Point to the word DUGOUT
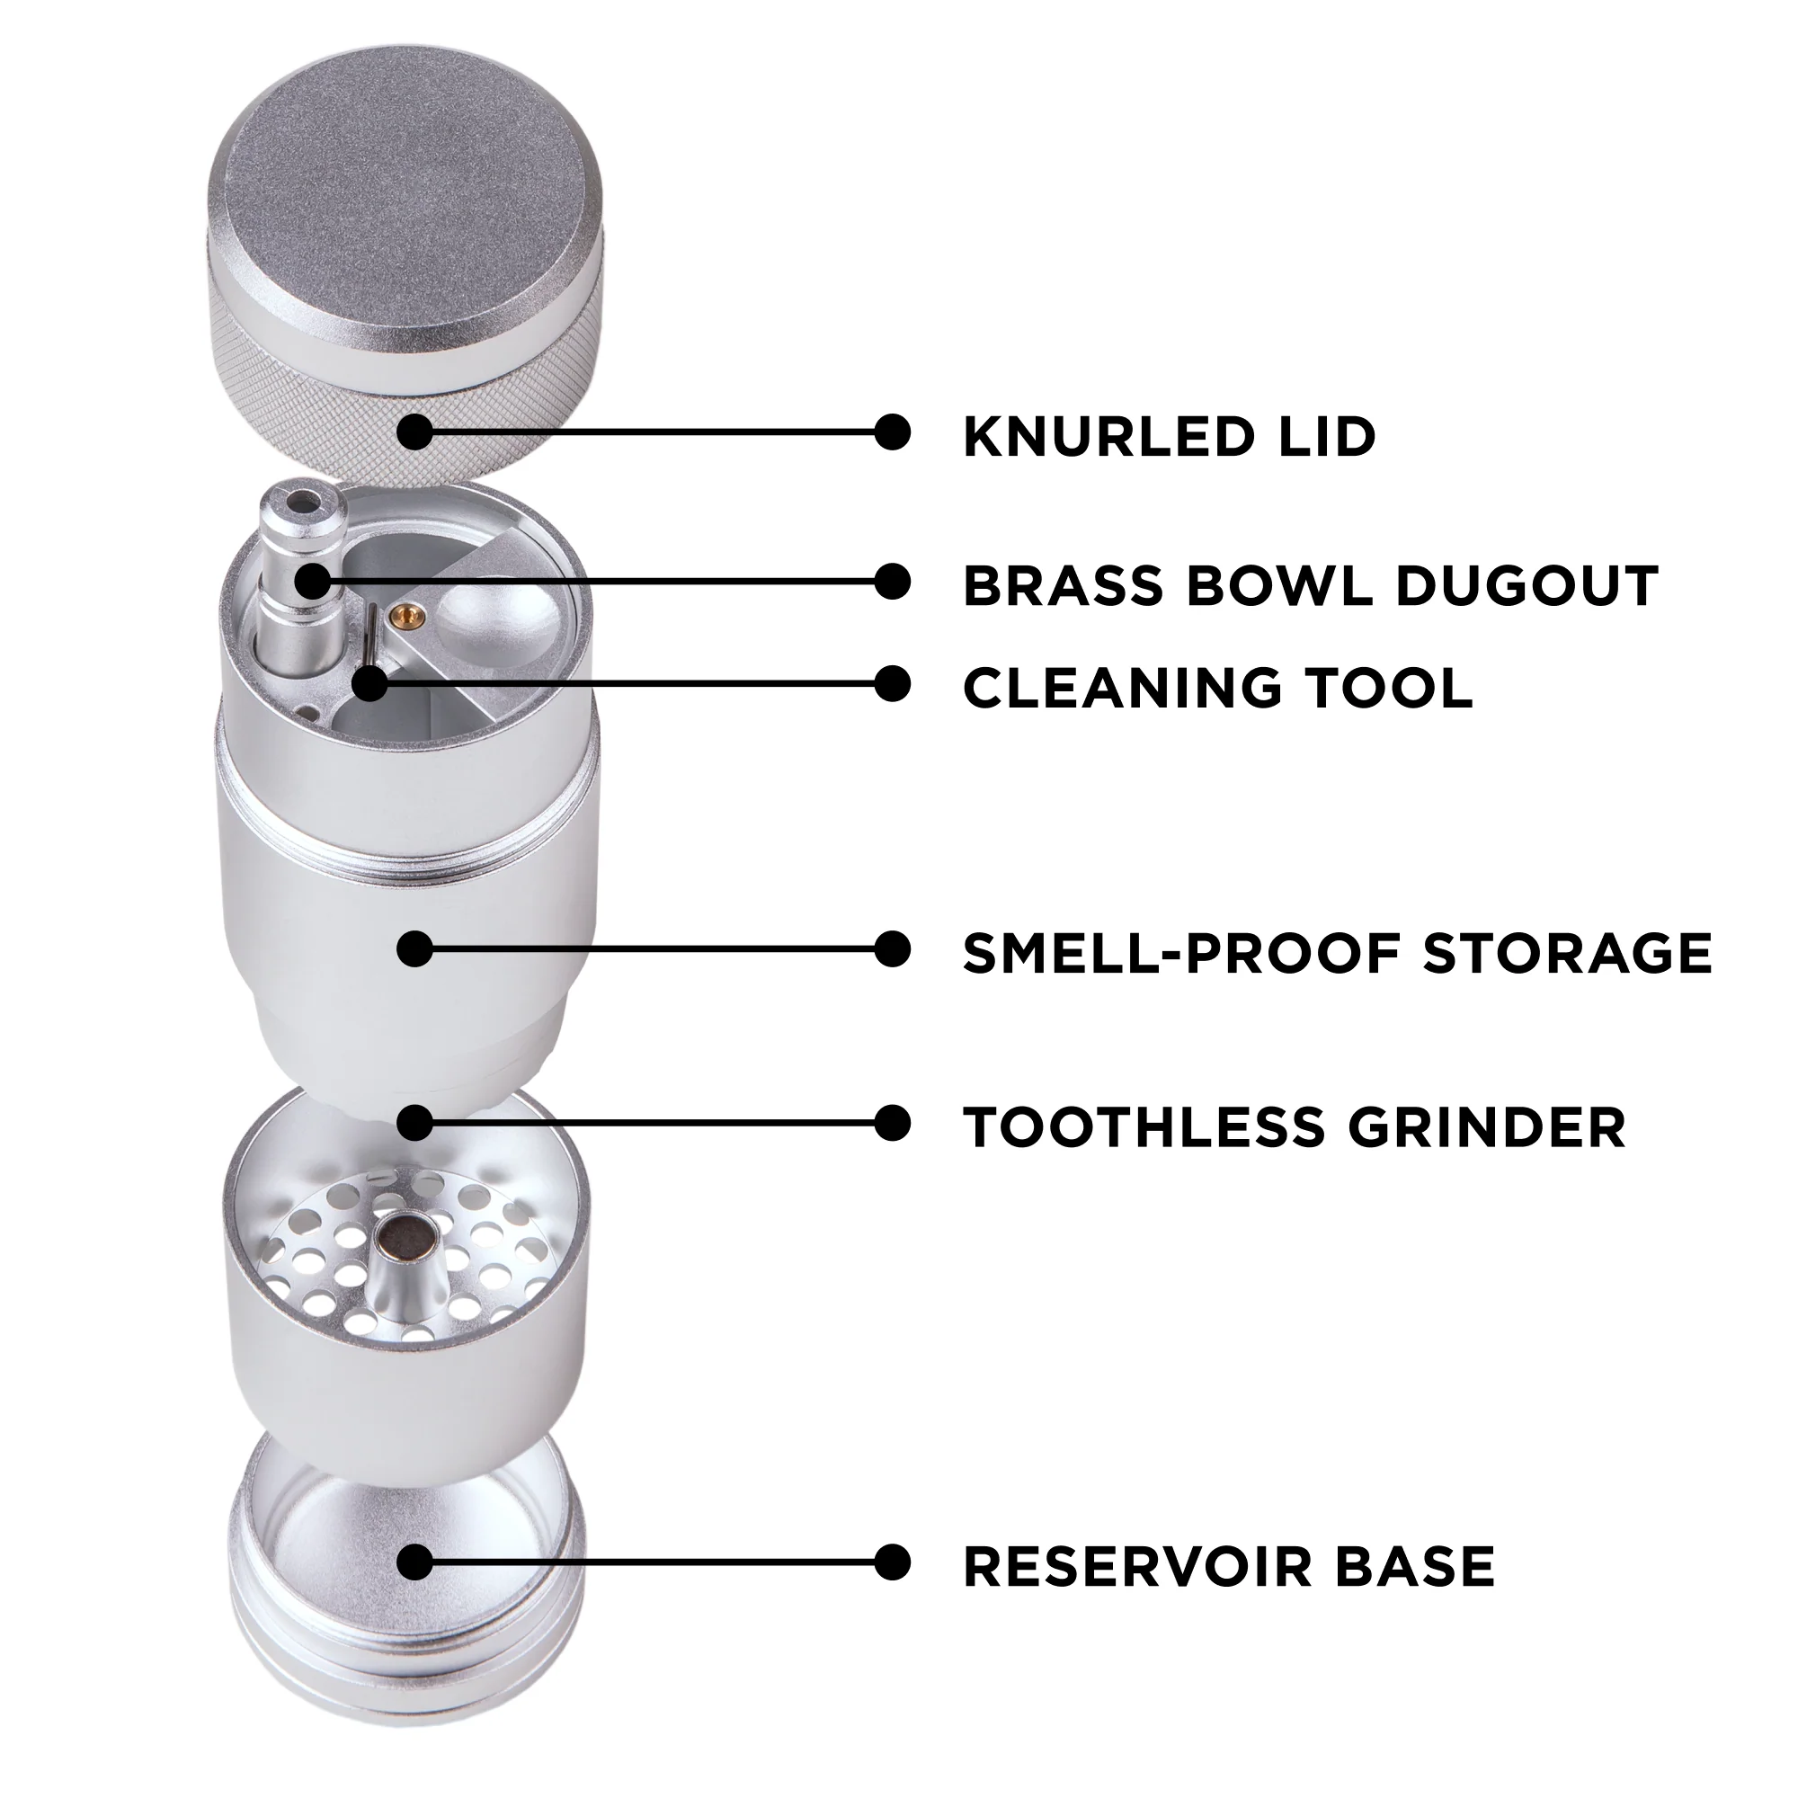point(1527,585)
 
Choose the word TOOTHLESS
point(1144,1127)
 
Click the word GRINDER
point(1486,1127)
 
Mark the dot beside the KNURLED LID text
point(893,432)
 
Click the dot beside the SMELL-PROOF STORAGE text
point(893,949)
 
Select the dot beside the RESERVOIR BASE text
point(893,1562)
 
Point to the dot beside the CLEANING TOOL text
point(893,684)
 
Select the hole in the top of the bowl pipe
point(302,503)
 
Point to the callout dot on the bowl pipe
point(313,582)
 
